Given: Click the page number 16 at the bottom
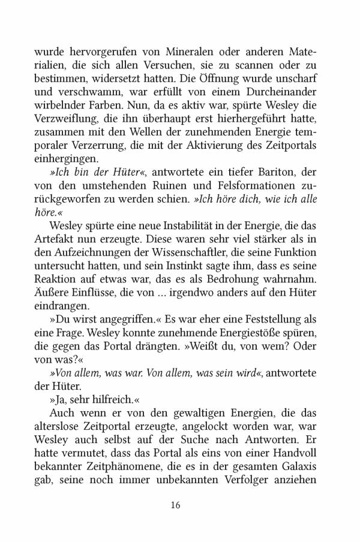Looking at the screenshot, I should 176,520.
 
